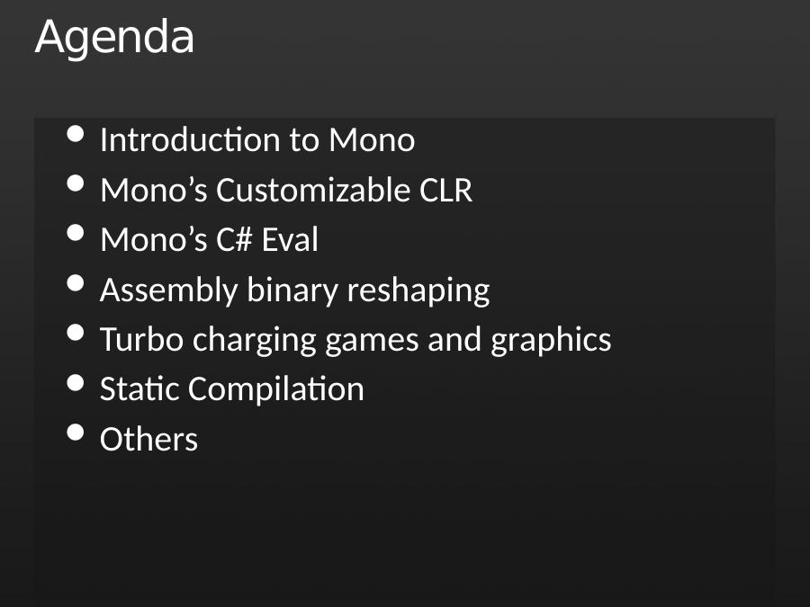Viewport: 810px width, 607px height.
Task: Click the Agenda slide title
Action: tap(114, 38)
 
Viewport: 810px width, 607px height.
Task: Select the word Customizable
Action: tap(313, 190)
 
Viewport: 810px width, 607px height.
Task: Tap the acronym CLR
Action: tap(445, 190)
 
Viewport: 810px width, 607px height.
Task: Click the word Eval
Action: tap(290, 239)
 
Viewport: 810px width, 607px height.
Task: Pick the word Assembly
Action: tap(168, 291)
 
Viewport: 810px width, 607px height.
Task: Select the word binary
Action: tap(292, 291)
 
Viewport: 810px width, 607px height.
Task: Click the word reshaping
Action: tap(418, 291)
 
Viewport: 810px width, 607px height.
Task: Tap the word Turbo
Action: tap(141, 339)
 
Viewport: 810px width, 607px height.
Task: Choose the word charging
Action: tap(254, 341)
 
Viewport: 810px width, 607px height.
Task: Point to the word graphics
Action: tap(551, 341)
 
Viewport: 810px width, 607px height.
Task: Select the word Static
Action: tap(139, 388)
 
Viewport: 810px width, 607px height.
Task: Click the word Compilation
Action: tap(276, 390)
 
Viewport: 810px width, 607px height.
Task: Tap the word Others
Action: tap(148, 439)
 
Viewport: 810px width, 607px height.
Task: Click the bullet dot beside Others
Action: tap(76, 433)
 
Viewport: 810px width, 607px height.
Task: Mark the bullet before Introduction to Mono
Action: tap(76, 133)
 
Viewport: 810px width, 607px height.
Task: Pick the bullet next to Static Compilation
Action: tap(76, 382)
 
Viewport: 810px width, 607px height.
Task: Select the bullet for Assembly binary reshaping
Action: tap(76, 283)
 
